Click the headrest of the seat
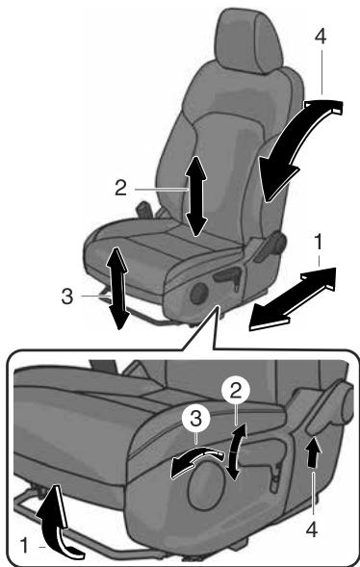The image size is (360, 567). point(248,39)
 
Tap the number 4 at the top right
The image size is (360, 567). point(321,37)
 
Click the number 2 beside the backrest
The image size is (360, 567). point(121,188)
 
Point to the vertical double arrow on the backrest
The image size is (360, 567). point(196,196)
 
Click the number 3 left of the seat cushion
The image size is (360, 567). point(67,296)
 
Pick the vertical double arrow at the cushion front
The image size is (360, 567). point(117,288)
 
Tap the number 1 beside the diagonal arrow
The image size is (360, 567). point(318,243)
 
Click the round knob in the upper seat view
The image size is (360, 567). point(199,293)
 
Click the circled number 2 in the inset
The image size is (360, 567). point(236,391)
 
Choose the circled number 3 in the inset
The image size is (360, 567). point(195,420)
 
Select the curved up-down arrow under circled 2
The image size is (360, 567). point(235,451)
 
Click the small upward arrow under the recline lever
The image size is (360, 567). point(314,453)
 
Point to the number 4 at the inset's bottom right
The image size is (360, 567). point(312,529)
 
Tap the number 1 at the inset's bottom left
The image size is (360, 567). point(24,546)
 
